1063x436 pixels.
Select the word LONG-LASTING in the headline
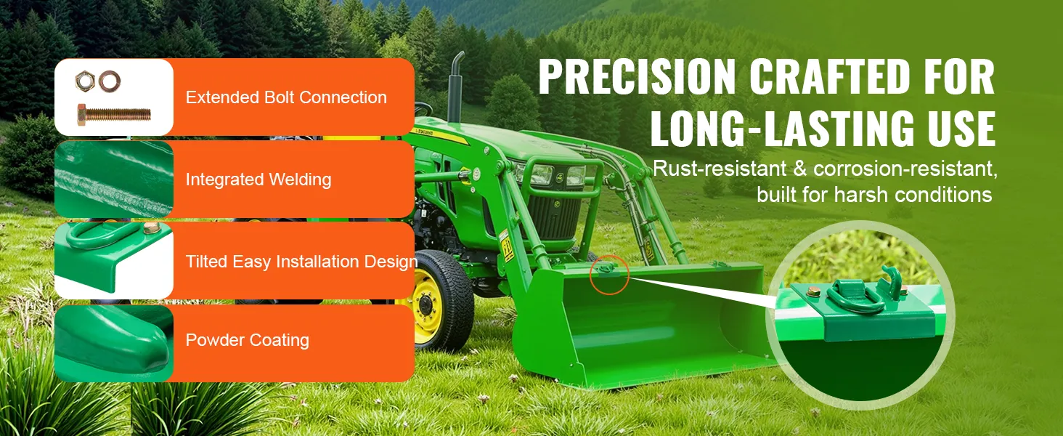click(781, 128)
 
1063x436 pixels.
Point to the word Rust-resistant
click(720, 169)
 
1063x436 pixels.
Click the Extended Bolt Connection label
click(286, 97)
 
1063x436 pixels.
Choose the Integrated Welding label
click(258, 179)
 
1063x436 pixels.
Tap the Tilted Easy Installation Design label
click(301, 262)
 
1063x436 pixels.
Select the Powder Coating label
click(248, 340)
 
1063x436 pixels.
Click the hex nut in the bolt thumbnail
click(85, 81)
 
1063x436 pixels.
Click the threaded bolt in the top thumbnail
click(114, 115)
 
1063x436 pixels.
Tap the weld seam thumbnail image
click(114, 179)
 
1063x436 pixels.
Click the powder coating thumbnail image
click(114, 344)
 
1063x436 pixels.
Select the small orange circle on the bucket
click(609, 275)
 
